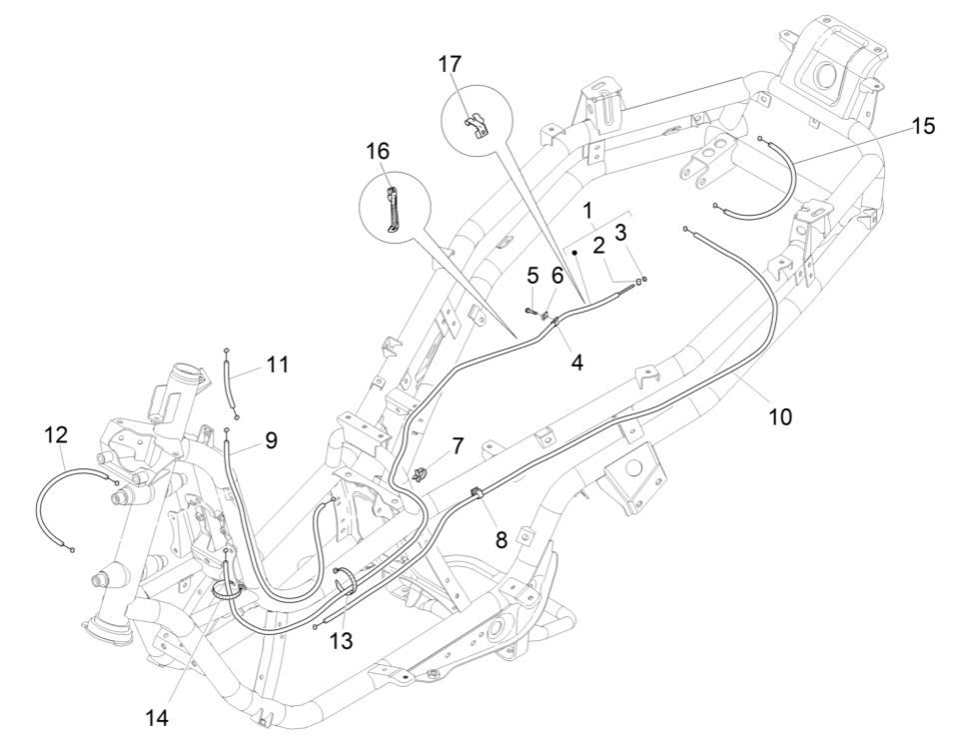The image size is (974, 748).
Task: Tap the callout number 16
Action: coord(378,151)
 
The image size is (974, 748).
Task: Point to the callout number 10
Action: coord(779,416)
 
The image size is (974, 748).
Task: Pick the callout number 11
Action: coord(278,366)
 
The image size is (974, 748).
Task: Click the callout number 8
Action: coord(500,539)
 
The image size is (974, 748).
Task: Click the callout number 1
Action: coord(588,211)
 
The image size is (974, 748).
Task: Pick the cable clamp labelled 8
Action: coord(478,493)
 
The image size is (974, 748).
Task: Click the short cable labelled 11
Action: coord(233,382)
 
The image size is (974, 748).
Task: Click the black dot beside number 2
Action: coord(575,254)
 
